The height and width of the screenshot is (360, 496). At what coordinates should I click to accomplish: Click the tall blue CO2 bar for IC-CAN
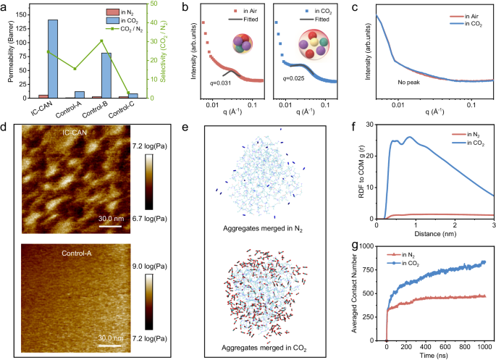[53, 59]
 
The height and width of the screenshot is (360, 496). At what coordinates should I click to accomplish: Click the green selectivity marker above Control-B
[101, 41]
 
